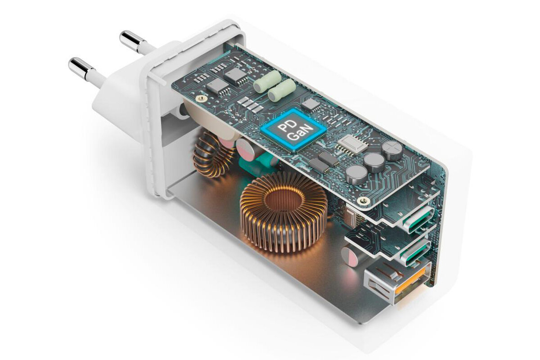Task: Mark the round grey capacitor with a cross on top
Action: pyautogui.click(x=392, y=151)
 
